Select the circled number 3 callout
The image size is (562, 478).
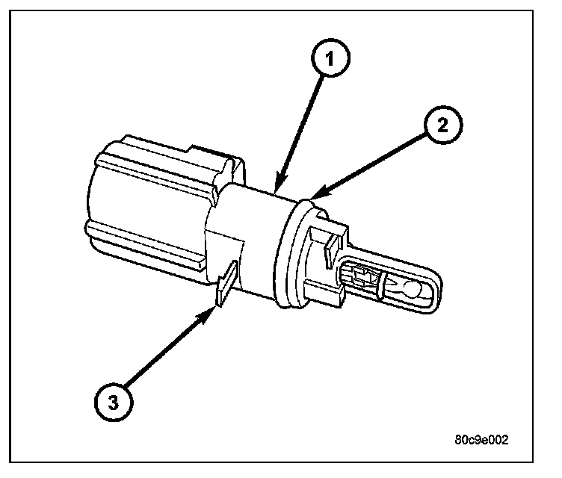(112, 404)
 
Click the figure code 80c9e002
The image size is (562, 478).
(481, 440)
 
